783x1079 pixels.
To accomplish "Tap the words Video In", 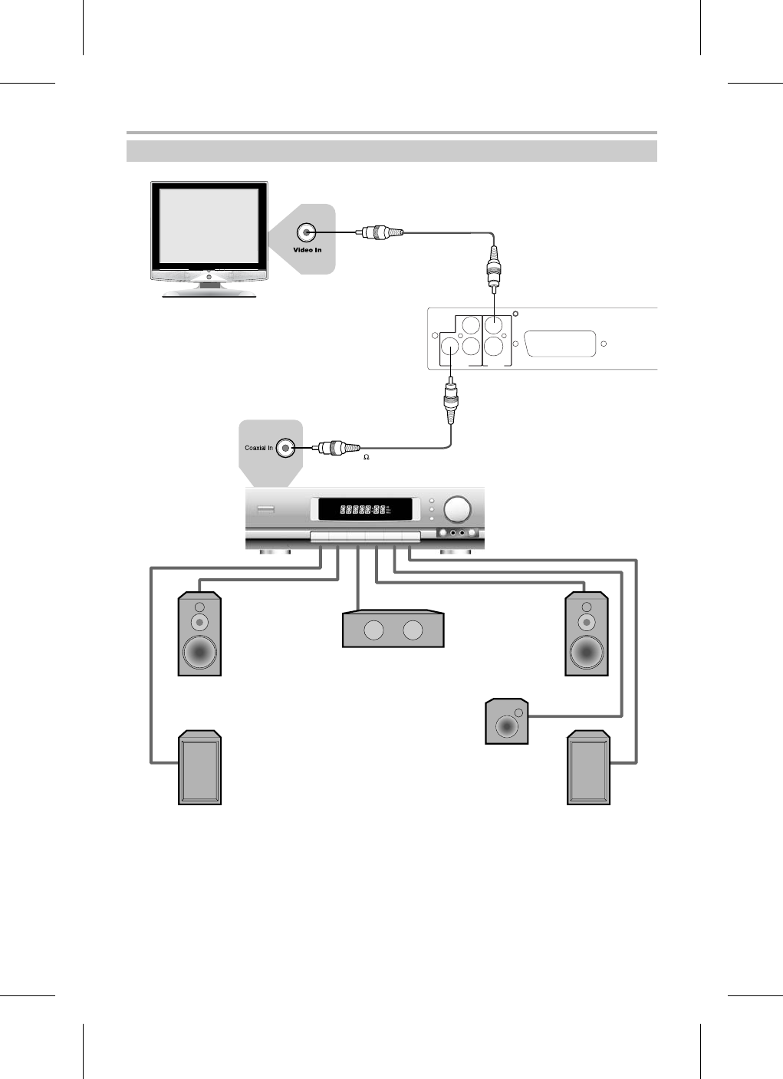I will [307, 250].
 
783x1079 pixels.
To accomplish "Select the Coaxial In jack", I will [285, 447].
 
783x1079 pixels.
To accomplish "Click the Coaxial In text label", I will [258, 448].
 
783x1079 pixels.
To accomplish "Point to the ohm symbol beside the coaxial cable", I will [366, 457].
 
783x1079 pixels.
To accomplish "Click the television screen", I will [208, 226].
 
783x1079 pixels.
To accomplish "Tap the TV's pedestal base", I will [209, 291].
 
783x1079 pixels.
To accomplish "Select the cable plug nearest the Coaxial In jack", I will [337, 447].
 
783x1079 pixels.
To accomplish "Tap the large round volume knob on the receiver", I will [458, 508].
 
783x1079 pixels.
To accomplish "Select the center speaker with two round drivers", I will [393, 630].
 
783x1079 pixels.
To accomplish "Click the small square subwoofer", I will [507, 722].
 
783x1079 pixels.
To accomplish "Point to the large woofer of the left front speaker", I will [199, 652].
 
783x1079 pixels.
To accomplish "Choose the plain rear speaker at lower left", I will [200, 768].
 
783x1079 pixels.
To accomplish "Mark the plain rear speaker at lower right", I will [588, 768].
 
